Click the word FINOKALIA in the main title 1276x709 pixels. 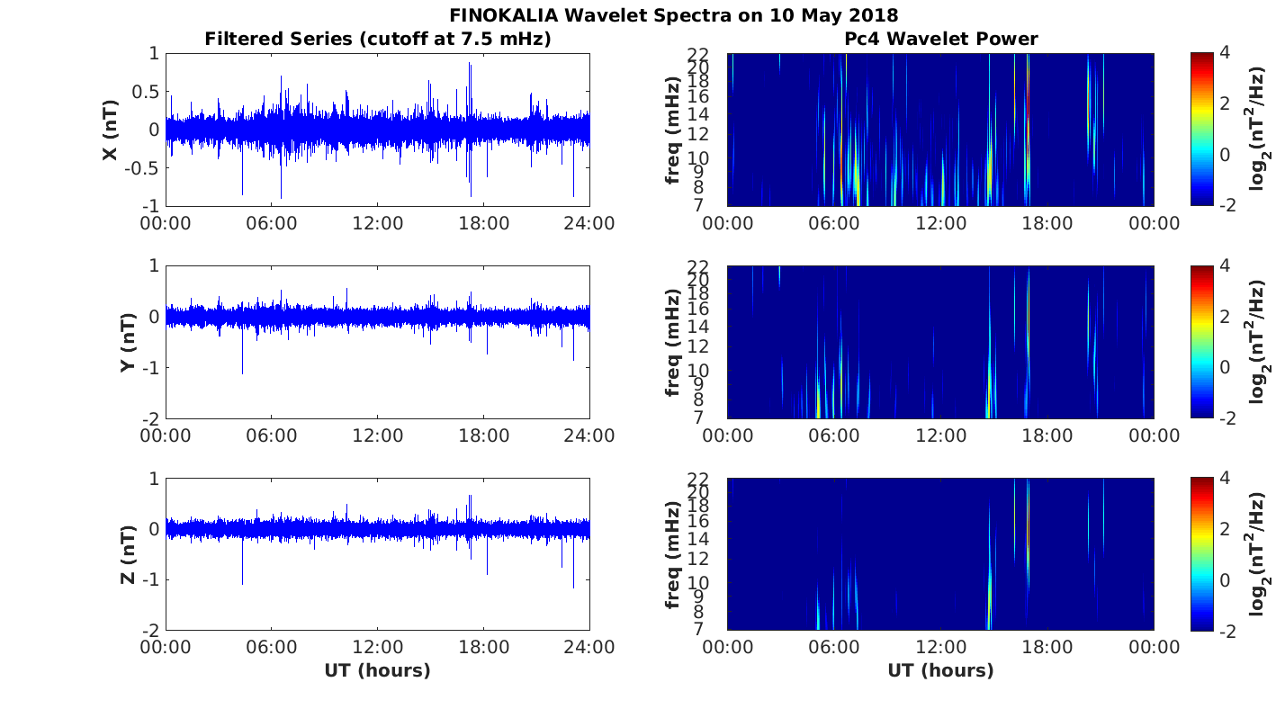(x=504, y=14)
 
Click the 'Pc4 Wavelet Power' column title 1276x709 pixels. (x=940, y=39)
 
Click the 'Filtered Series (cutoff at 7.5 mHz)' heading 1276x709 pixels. (x=378, y=39)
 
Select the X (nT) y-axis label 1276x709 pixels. (x=110, y=130)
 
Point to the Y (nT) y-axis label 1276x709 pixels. (x=128, y=342)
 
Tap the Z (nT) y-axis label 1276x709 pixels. (x=128, y=554)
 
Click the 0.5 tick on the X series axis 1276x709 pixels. (x=145, y=92)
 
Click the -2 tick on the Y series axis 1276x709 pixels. (x=151, y=419)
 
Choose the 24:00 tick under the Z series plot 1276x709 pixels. (x=589, y=647)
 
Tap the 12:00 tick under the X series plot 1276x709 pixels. (x=377, y=222)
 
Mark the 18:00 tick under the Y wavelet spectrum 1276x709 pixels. (x=1047, y=435)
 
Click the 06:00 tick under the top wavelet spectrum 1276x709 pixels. (x=834, y=222)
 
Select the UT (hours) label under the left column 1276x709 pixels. (x=377, y=670)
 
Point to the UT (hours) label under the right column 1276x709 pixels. (x=940, y=670)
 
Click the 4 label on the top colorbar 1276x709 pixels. (x=1225, y=53)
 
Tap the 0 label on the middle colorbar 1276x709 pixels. (x=1225, y=367)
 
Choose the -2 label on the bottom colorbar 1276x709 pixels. (x=1227, y=631)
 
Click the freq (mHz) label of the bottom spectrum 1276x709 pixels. (x=672, y=554)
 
